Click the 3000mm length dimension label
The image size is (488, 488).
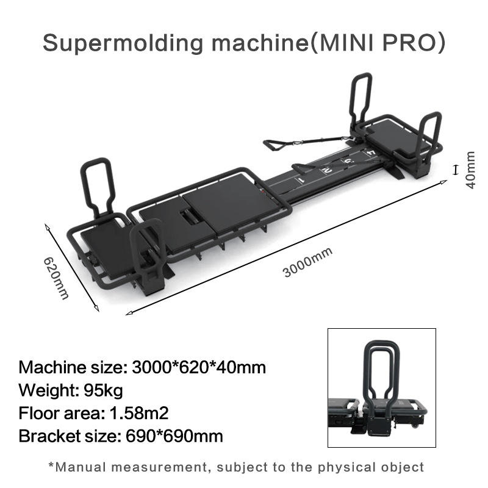tap(308, 262)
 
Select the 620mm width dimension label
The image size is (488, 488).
tap(56, 278)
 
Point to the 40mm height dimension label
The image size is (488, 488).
tap(470, 170)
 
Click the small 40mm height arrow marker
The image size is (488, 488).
tap(454, 169)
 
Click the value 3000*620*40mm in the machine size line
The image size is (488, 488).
tap(199, 367)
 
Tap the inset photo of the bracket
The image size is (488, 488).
tap(382, 388)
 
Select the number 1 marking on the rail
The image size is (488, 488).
tap(300, 180)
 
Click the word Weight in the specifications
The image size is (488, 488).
tap(45, 390)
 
